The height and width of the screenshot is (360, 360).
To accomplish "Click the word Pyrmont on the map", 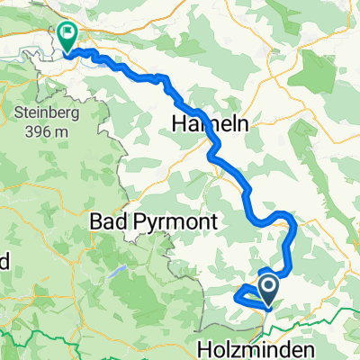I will pos(177,220).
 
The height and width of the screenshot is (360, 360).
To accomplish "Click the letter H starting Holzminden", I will pos(202,348).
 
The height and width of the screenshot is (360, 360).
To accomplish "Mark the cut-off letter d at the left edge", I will pos(4,262).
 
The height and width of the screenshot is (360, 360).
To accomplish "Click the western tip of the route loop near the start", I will pos(235,294).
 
